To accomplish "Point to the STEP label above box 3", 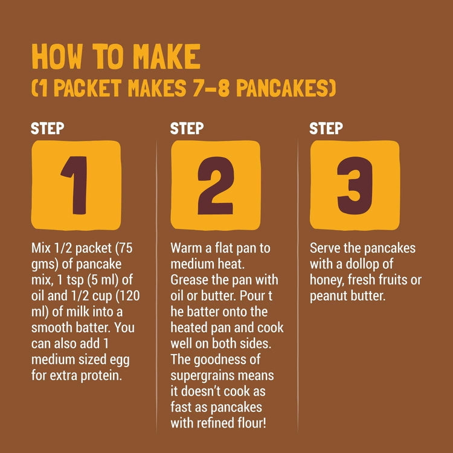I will [326, 128].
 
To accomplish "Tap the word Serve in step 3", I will [325, 249].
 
